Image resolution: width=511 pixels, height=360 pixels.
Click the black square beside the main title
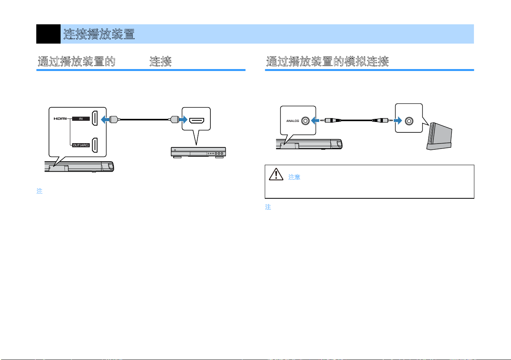[48, 34]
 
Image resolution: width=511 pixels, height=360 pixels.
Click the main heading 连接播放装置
[99, 34]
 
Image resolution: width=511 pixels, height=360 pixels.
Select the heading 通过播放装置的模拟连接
[327, 61]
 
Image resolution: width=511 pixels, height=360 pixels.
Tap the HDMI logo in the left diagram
[60, 118]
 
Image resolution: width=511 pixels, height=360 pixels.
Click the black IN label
[81, 118]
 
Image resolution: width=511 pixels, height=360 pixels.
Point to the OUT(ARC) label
[81, 145]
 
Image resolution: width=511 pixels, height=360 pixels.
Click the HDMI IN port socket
[95, 118]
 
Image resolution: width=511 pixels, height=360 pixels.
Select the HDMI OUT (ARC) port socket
[95, 145]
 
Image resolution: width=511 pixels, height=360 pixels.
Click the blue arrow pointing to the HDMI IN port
[105, 119]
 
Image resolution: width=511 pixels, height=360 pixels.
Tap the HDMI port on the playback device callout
[197, 120]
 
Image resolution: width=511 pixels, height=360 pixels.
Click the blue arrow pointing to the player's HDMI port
[183, 119]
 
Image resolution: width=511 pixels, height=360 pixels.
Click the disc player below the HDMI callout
[198, 152]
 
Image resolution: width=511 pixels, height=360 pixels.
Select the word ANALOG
[293, 121]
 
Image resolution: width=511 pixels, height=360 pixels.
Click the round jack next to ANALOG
[305, 121]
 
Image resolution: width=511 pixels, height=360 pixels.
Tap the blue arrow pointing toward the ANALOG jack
[315, 120]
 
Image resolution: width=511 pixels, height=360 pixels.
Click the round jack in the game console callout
[409, 121]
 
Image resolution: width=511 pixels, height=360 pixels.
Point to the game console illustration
[440, 137]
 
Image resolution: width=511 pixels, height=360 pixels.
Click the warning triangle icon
[276, 174]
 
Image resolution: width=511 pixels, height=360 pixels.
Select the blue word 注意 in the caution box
[294, 177]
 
